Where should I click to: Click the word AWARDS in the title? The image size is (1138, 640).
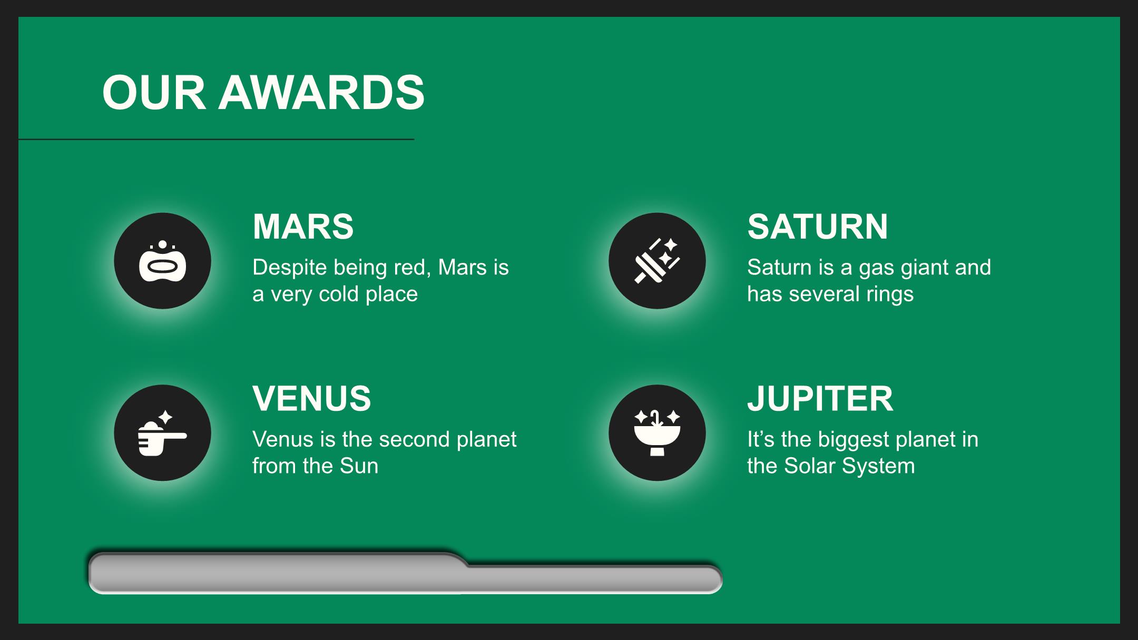pos(321,93)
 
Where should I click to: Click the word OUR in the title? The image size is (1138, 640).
pos(154,93)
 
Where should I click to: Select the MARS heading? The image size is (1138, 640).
pos(303,227)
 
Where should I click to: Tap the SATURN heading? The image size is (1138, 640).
pos(817,227)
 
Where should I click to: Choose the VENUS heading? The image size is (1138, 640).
pos(311,398)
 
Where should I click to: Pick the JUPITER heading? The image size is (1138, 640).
pos(820,398)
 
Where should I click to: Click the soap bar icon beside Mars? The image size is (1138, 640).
pos(162,261)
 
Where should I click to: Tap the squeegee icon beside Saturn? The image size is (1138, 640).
pos(657,261)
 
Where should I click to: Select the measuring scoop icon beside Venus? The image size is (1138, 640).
pos(162,433)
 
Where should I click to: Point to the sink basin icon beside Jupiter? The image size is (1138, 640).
pos(657,433)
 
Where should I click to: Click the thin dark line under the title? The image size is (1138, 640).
pos(216,140)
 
